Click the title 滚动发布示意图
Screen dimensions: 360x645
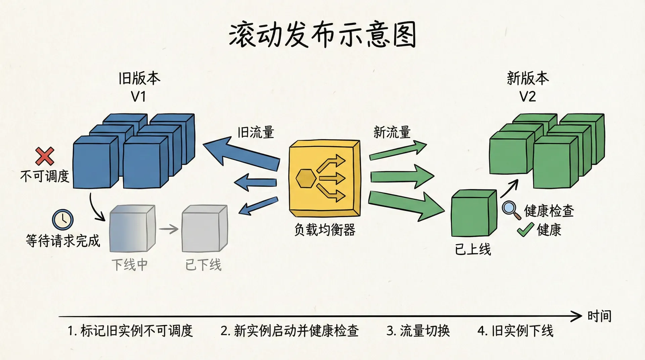pos(322,35)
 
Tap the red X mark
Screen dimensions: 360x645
pos(45,156)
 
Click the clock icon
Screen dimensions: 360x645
pos(62,220)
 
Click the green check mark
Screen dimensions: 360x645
pos(525,230)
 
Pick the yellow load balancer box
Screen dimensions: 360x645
pos(325,178)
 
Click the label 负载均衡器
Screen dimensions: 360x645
pos(325,230)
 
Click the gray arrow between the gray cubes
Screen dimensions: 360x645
pos(169,229)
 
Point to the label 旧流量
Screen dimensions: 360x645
pos(256,132)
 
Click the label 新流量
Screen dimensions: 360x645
pos(392,132)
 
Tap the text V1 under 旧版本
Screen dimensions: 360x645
pos(138,97)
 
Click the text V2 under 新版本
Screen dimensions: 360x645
pos(527,97)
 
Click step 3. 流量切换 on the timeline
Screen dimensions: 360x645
pos(418,331)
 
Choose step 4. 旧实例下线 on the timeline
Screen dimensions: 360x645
pos(515,331)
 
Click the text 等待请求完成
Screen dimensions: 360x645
pos(63,241)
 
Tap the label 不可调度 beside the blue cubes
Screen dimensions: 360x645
pos(45,176)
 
